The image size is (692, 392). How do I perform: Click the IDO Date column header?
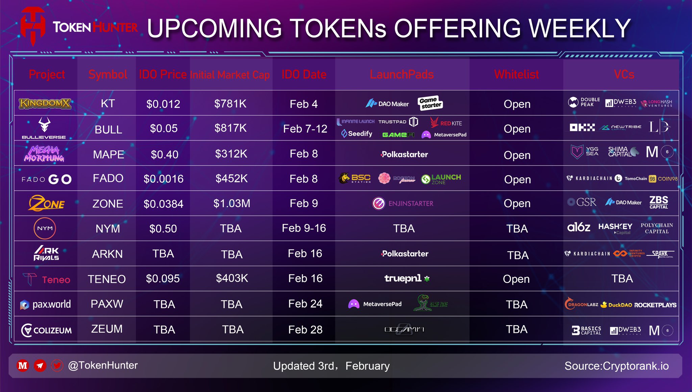point(304,74)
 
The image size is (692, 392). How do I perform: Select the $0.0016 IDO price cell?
point(164,179)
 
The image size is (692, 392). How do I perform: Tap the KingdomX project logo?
point(45,104)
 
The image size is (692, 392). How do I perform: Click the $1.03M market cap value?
point(232,203)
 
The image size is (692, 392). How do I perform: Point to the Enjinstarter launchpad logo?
point(402,203)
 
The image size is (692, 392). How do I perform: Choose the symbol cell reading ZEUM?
point(107,329)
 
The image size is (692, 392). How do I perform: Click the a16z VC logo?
point(578,227)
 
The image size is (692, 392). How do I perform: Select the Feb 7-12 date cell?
point(305,129)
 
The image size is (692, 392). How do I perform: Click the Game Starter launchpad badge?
point(430,103)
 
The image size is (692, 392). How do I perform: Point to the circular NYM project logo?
point(45,228)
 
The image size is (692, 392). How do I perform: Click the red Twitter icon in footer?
point(57,365)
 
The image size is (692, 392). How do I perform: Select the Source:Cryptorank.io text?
point(616,366)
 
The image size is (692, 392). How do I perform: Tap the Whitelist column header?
point(516,74)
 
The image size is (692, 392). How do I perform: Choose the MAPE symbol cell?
point(108,155)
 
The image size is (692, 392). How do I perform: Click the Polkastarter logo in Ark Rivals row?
point(404,254)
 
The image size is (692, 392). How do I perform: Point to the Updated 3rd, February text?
point(331,366)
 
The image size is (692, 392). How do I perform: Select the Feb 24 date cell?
point(305,304)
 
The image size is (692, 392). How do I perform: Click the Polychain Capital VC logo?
point(657,228)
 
